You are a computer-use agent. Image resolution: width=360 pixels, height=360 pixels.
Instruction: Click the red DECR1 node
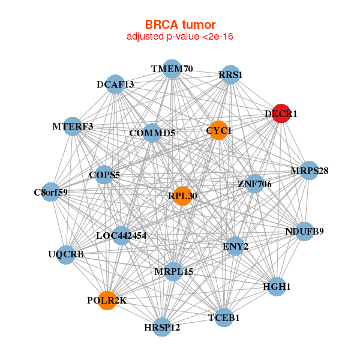(281, 113)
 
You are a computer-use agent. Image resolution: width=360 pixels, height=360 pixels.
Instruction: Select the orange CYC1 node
(219, 130)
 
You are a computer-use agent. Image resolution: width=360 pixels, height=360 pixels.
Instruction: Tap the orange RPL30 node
(182, 196)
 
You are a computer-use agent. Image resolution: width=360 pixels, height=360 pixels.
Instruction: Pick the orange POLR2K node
(107, 300)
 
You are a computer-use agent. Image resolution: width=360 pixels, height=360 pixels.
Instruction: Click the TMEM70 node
(172, 68)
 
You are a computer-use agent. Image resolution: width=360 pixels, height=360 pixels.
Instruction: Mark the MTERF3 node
(73, 126)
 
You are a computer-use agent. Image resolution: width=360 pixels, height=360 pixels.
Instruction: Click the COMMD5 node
(152, 133)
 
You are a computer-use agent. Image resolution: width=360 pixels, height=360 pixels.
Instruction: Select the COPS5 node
(104, 175)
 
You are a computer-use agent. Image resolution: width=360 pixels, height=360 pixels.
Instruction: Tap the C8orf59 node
(51, 193)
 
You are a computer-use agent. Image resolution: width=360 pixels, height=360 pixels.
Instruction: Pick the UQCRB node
(66, 254)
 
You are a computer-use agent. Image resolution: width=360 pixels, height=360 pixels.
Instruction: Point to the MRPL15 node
(174, 272)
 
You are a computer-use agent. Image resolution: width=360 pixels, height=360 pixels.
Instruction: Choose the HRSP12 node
(162, 327)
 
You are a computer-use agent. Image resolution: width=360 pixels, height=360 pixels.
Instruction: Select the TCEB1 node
(223, 317)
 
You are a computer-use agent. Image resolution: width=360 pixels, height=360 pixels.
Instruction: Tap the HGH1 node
(277, 287)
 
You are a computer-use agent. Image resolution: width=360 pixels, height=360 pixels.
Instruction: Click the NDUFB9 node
(304, 231)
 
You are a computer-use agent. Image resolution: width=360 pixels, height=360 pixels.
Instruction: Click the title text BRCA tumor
(180, 25)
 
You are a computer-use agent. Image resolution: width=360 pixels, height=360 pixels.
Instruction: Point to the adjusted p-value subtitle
(180, 37)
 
